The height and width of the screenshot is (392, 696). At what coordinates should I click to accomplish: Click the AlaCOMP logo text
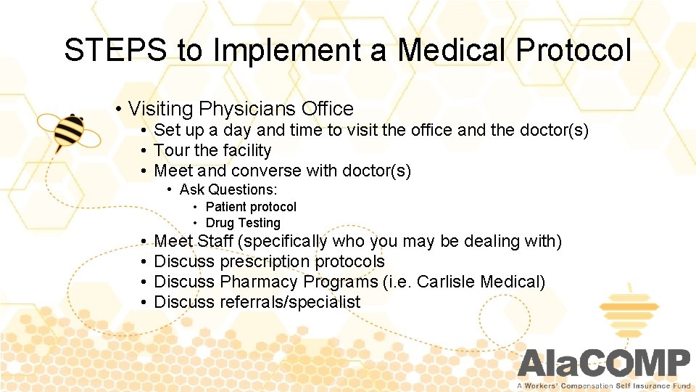pyautogui.click(x=604, y=363)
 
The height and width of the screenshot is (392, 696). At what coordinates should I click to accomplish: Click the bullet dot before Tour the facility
pyautogui.click(x=145, y=151)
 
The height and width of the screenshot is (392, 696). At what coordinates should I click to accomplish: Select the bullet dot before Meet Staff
pyautogui.click(x=145, y=241)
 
